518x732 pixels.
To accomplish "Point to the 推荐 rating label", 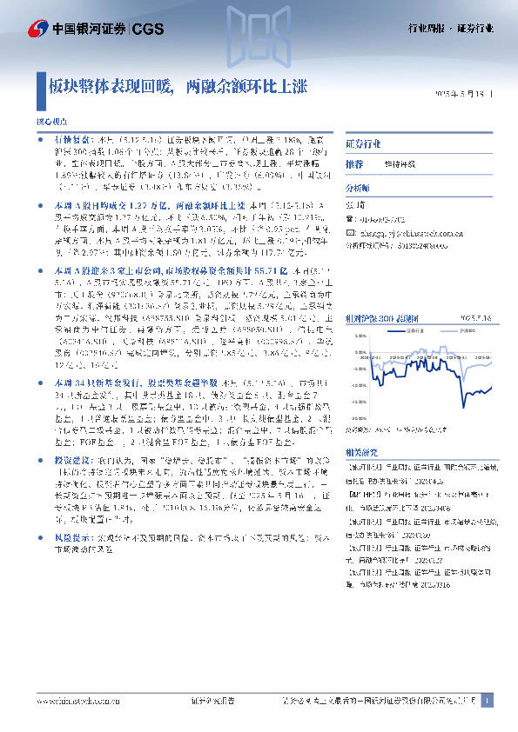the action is click(354, 164).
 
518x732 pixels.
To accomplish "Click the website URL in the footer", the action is click(69, 700).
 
